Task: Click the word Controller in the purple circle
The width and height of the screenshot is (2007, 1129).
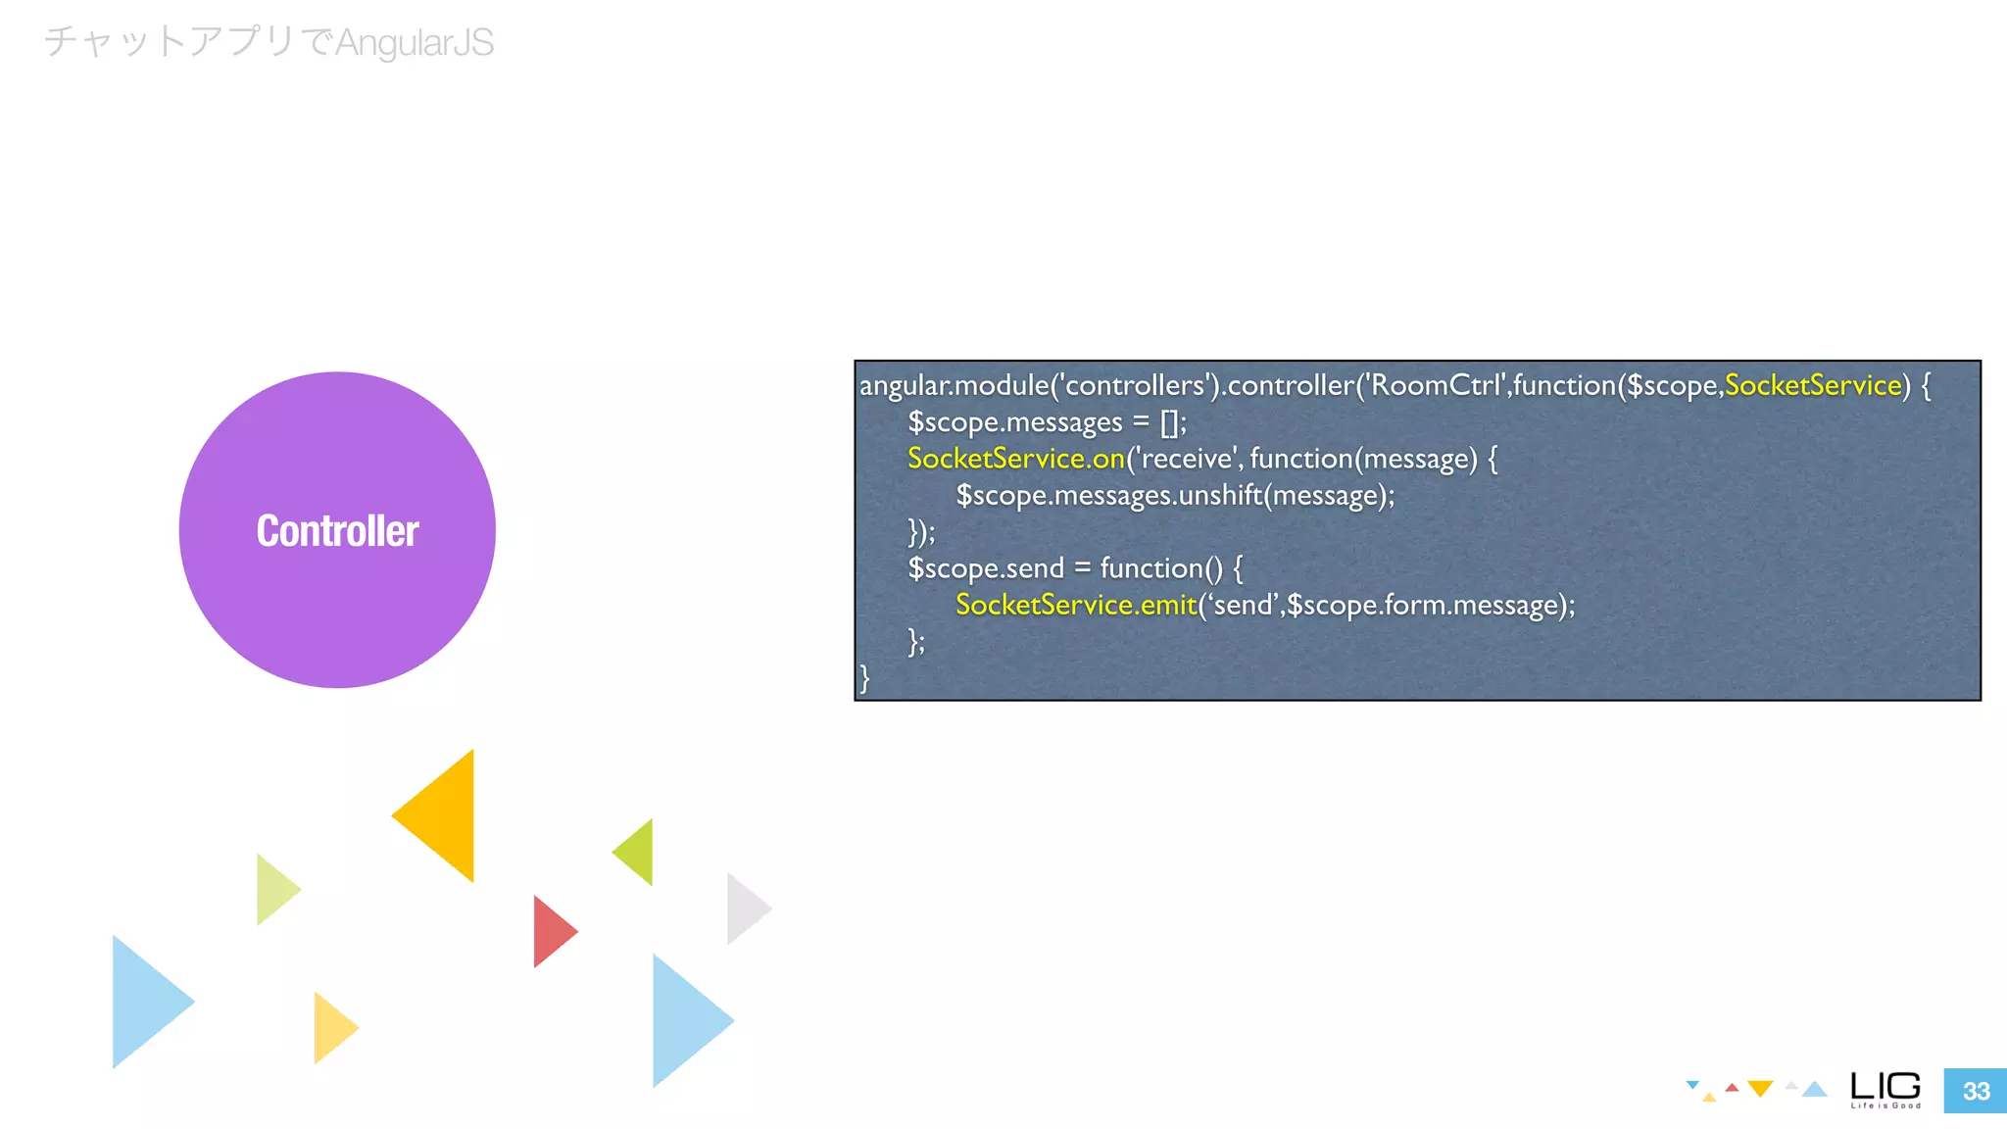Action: click(337, 531)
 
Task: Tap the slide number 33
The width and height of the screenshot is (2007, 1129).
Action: click(1976, 1091)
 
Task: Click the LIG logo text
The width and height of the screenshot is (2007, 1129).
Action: click(1885, 1087)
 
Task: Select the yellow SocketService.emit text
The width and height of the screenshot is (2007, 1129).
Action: click(1075, 605)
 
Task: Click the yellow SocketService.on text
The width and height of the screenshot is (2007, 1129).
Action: click(1015, 459)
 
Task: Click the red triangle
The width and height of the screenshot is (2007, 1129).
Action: click(551, 931)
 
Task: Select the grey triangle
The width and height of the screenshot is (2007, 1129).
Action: click(744, 908)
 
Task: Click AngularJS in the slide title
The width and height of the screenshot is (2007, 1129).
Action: click(415, 43)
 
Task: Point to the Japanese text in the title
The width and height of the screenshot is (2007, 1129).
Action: click(186, 43)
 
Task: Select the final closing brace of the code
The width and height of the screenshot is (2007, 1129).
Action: click(864, 677)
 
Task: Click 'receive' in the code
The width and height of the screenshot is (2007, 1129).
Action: click(1187, 459)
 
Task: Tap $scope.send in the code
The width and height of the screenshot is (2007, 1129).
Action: click(985, 568)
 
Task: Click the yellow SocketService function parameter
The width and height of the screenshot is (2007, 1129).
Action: click(1812, 385)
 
